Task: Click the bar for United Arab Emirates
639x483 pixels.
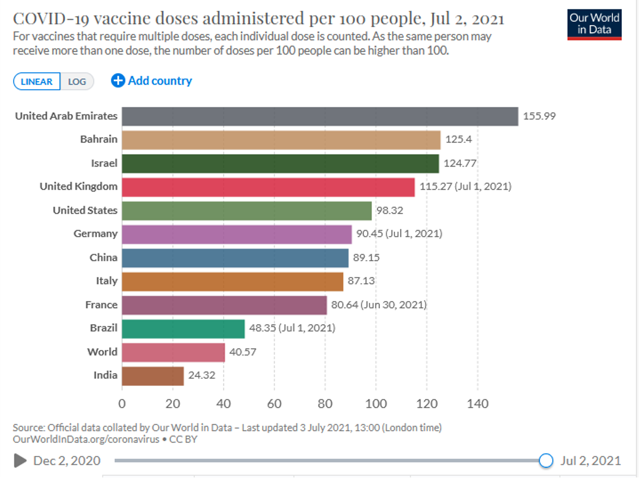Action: [319, 116]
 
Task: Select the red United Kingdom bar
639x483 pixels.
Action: [268, 187]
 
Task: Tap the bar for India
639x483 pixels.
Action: [152, 376]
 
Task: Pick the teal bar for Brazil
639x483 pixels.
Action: [183, 329]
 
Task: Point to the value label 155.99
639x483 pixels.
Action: [539, 116]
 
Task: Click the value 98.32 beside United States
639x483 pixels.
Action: [389, 211]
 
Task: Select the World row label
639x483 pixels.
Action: [102, 352]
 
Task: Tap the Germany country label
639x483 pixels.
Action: [95, 234]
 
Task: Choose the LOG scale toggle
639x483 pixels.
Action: [77, 82]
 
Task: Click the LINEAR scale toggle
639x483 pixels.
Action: [36, 82]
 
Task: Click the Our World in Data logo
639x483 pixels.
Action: [594, 24]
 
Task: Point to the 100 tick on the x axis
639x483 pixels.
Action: [376, 404]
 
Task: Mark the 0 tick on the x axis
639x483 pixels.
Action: [122, 404]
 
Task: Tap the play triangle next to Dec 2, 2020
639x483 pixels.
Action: [20, 460]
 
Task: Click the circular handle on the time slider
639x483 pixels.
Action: [546, 460]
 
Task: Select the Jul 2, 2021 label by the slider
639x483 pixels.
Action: [591, 460]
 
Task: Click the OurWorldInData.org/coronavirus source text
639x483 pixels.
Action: [86, 439]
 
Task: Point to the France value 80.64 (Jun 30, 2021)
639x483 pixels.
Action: [379, 305]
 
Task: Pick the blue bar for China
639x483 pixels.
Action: [235, 258]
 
